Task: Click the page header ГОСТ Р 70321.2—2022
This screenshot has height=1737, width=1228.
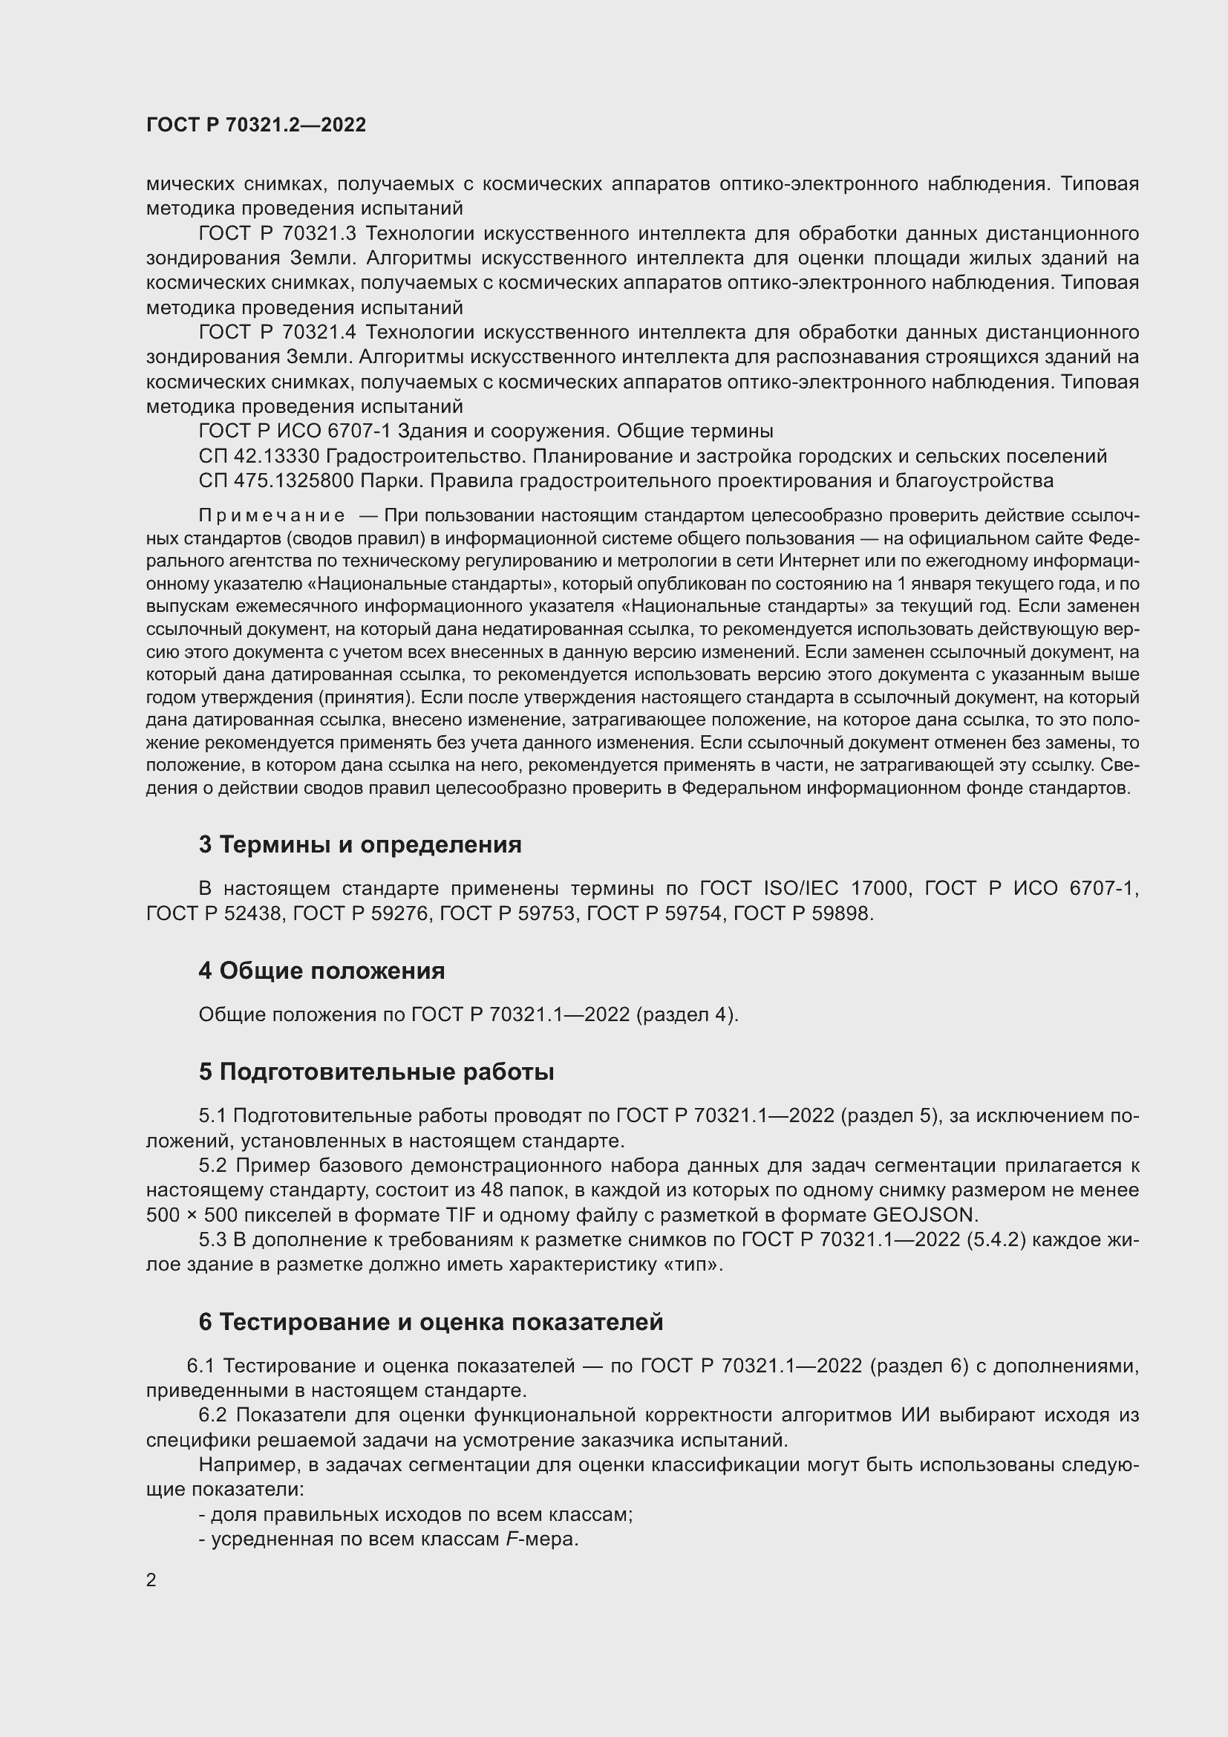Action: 255,125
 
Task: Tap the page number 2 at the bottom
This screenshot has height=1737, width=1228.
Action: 151,1580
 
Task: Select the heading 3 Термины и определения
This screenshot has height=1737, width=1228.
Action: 360,844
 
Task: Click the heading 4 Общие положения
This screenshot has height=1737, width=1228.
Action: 321,971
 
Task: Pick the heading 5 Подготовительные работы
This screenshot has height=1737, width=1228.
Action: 376,1072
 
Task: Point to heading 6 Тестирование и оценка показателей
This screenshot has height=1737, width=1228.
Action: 431,1322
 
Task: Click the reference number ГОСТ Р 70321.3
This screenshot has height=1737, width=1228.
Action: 277,233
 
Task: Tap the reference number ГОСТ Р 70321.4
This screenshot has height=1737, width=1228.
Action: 277,332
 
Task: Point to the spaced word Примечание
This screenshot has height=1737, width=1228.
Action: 272,516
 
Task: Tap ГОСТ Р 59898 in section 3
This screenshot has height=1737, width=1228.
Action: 803,913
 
